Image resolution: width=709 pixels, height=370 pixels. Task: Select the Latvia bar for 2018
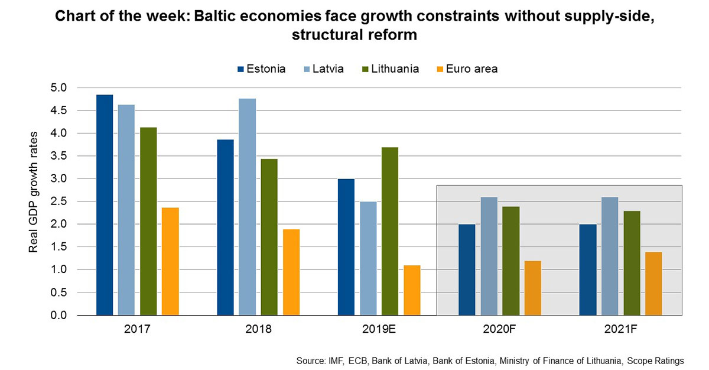click(248, 207)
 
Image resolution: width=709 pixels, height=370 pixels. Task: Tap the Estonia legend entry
click(261, 69)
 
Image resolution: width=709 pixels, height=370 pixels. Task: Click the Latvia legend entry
click(324, 69)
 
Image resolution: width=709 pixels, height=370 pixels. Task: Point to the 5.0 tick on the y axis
click(59, 88)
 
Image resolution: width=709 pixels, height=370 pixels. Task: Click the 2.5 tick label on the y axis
click(59, 202)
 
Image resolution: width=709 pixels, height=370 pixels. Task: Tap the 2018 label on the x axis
click(258, 329)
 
